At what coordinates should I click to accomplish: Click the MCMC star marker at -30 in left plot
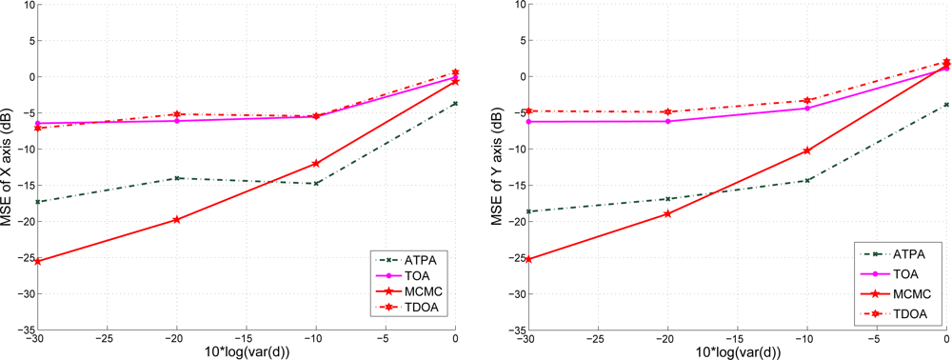pyautogui.click(x=37, y=261)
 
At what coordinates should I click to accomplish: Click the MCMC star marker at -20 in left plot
pyautogui.click(x=177, y=220)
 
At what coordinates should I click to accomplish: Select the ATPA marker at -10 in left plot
pyautogui.click(x=316, y=183)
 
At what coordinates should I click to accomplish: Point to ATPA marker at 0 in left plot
pyautogui.click(x=456, y=103)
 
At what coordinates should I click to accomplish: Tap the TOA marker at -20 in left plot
pyautogui.click(x=177, y=121)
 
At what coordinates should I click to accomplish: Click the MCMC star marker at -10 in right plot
pyautogui.click(x=807, y=150)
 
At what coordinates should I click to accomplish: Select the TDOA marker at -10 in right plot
pyautogui.click(x=807, y=100)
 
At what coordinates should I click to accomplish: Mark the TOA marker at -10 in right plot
pyautogui.click(x=807, y=108)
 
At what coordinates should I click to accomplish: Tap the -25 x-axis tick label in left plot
pyautogui.click(x=107, y=339)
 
